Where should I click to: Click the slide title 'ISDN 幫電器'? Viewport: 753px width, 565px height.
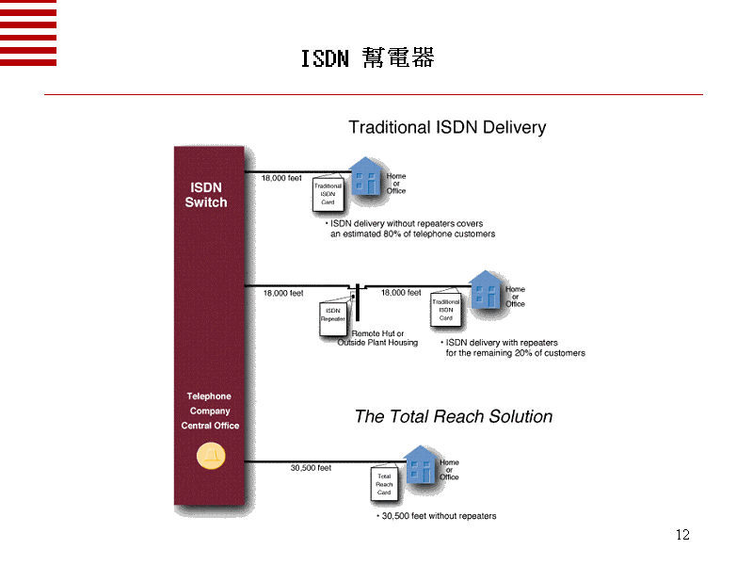(x=367, y=58)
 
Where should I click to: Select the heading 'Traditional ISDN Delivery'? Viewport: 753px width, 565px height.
(x=447, y=127)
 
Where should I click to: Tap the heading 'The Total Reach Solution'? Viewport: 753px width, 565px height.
(x=453, y=416)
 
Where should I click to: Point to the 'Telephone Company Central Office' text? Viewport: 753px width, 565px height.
(x=210, y=411)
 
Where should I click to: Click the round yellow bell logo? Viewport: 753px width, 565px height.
(x=210, y=456)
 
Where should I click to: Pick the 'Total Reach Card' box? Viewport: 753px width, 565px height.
(x=384, y=484)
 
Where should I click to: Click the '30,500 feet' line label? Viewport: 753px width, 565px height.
(x=311, y=467)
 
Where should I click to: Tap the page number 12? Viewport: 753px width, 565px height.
(x=682, y=535)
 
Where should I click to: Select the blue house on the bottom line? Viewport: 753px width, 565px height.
(x=421, y=463)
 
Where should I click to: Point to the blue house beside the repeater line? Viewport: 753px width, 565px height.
(x=486, y=290)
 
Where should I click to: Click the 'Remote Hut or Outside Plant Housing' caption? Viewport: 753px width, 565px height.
(x=377, y=338)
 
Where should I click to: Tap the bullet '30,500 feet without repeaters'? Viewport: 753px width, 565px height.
(x=437, y=516)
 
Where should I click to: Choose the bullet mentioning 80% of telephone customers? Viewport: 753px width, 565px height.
(x=410, y=229)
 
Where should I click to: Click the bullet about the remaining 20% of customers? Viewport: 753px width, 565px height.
(x=514, y=347)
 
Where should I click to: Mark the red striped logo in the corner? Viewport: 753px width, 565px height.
(x=28, y=33)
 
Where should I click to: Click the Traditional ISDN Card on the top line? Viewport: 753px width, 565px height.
(x=328, y=193)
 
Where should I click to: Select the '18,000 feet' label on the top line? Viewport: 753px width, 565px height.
(x=281, y=178)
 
